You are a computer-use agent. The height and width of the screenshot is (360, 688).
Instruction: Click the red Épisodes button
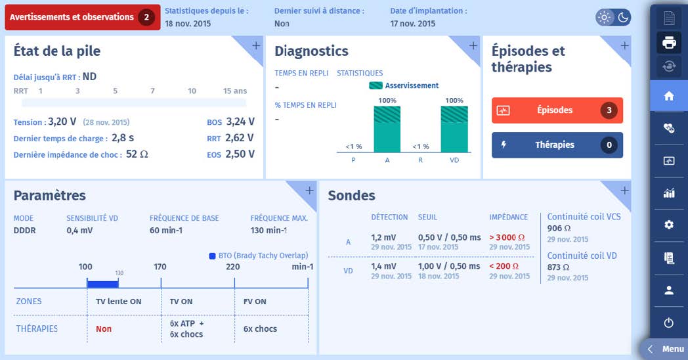tap(557, 110)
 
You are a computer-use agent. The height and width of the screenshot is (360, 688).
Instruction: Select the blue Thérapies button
tap(557, 145)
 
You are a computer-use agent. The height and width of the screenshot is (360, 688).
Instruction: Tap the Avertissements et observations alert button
tap(82, 17)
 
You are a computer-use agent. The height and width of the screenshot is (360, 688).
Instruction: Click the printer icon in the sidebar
tap(669, 43)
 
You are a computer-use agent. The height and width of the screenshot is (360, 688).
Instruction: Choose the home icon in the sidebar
tap(669, 96)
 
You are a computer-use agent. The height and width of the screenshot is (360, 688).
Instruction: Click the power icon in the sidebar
tap(669, 323)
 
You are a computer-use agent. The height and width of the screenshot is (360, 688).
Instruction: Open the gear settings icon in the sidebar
tap(669, 225)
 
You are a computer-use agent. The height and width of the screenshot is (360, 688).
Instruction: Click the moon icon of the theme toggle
tap(622, 17)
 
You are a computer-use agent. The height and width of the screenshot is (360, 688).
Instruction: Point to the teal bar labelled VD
tap(454, 129)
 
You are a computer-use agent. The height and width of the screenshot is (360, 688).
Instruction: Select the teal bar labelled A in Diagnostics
tap(387, 129)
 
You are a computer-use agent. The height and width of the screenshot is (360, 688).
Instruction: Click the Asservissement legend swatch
tap(376, 85)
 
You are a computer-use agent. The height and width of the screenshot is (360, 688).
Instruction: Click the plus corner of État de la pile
tap(255, 45)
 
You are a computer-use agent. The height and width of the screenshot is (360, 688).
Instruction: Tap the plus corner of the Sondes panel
tap(624, 191)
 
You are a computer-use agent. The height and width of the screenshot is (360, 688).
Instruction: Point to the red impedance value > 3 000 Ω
tap(507, 237)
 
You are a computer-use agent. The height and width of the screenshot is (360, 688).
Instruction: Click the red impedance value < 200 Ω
tap(504, 266)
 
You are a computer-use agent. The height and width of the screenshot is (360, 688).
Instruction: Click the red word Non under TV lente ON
tap(104, 329)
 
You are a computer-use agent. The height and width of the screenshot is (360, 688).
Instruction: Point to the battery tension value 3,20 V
tap(62, 122)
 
